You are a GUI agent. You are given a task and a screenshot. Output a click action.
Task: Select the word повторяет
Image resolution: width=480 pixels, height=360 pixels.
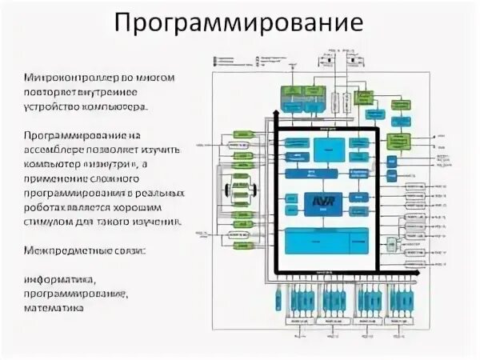[x=54, y=92]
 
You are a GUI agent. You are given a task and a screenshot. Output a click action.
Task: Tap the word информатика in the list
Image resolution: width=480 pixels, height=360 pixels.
[x=60, y=280]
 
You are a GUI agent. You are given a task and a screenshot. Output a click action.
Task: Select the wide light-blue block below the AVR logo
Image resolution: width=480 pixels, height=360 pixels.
[x=326, y=237]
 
